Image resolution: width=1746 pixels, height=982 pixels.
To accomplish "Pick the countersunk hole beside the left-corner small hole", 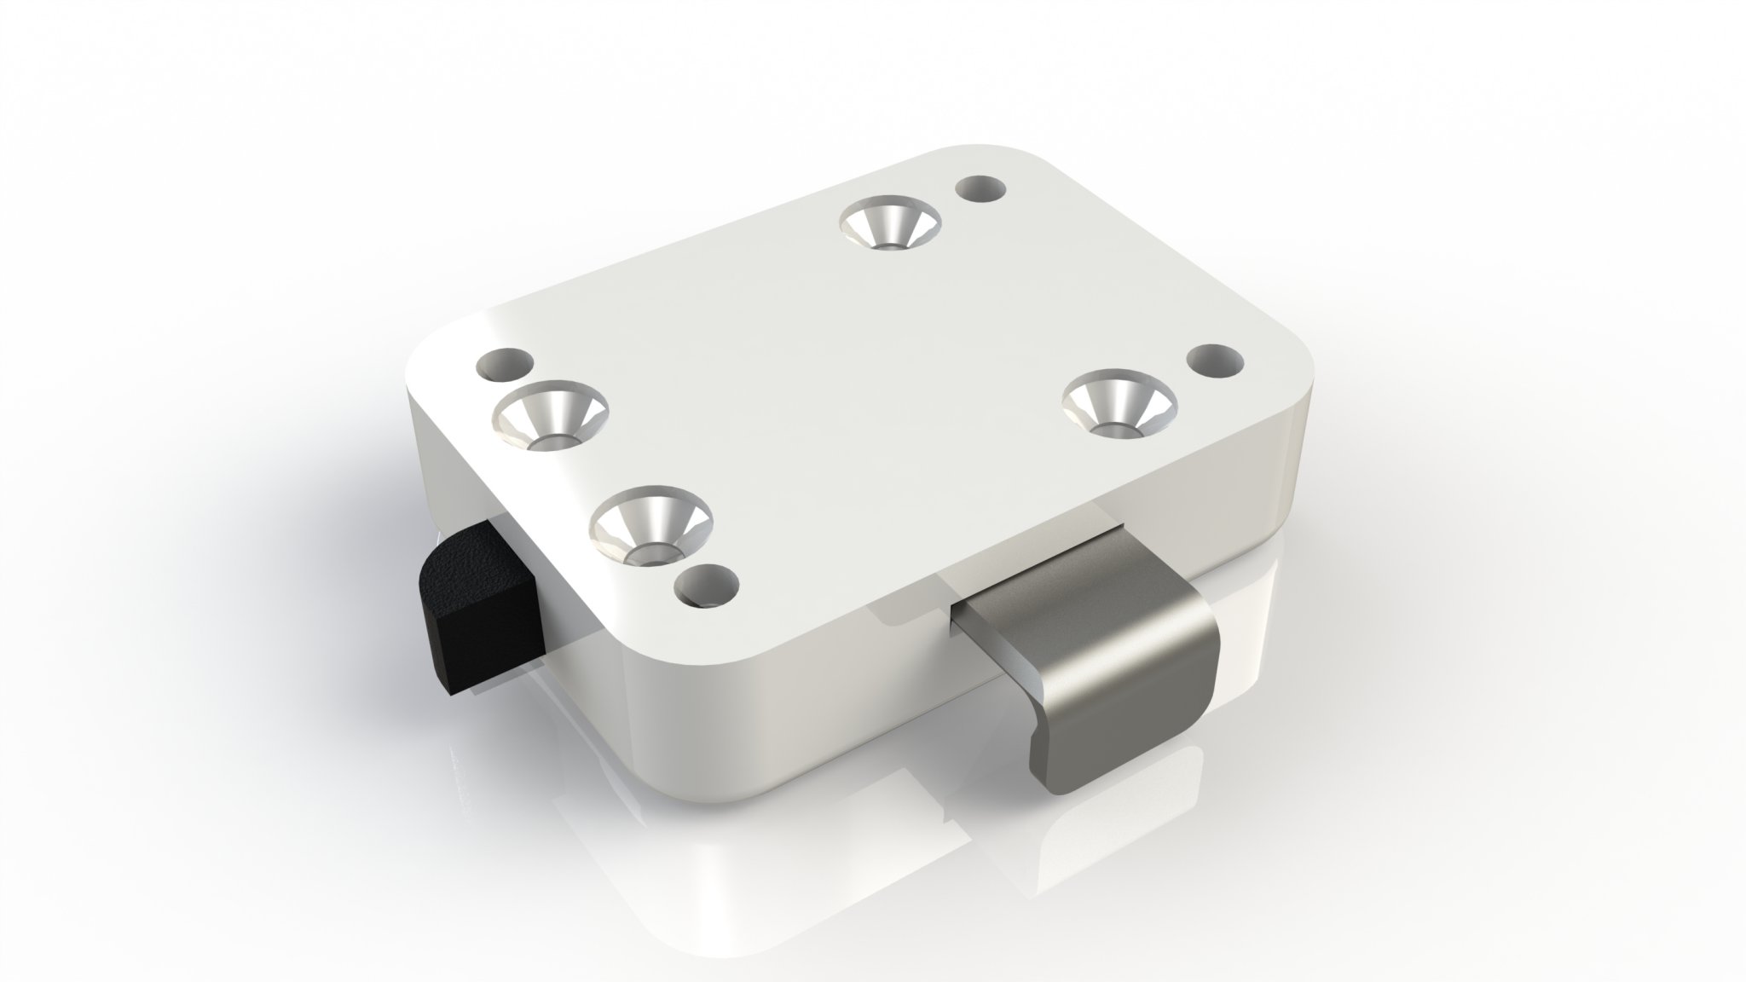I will pos(552,417).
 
